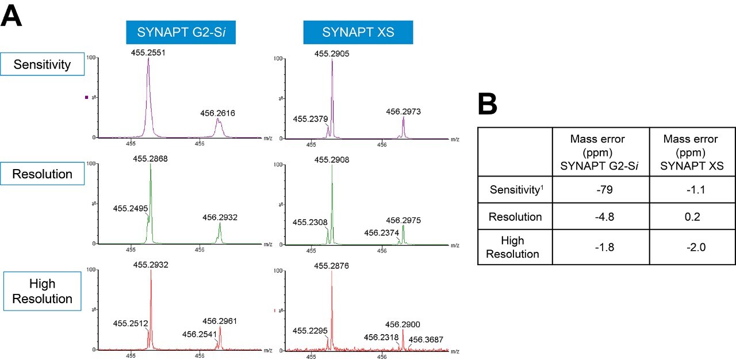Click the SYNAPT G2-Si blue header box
181,32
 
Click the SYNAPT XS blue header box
358,32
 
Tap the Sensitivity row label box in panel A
43,64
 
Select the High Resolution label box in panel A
43,292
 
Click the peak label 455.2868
151,158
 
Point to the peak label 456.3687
426,339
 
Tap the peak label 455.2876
332,266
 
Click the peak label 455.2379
310,119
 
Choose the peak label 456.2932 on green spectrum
220,217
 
